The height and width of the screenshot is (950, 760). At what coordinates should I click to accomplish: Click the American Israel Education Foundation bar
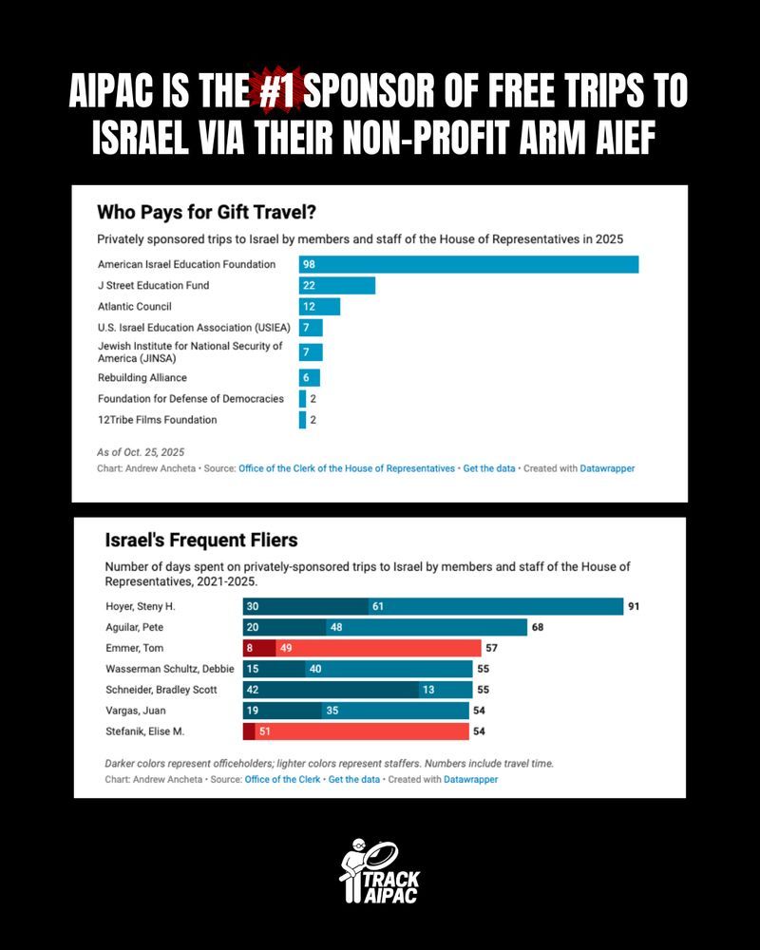pyautogui.click(x=468, y=264)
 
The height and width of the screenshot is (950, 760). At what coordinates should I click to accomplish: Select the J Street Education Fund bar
pyautogui.click(x=337, y=285)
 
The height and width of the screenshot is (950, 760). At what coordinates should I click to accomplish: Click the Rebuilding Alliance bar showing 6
pyautogui.click(x=309, y=377)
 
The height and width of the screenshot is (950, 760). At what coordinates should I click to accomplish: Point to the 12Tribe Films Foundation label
pyautogui.click(x=158, y=420)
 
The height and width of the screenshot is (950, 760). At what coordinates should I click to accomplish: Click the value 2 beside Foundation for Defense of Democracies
pyautogui.click(x=313, y=399)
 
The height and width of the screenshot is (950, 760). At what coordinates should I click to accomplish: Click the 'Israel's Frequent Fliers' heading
pyautogui.click(x=201, y=541)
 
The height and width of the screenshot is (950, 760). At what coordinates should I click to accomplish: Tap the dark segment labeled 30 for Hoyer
pyautogui.click(x=305, y=606)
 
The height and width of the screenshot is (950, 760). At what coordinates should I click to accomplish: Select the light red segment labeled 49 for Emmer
pyautogui.click(x=379, y=648)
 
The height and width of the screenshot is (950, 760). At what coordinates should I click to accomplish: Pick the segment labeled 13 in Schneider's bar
pyautogui.click(x=445, y=690)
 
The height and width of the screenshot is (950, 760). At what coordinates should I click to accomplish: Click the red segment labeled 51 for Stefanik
pyautogui.click(x=362, y=731)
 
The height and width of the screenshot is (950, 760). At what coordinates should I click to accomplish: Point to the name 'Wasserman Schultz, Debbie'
pyautogui.click(x=170, y=669)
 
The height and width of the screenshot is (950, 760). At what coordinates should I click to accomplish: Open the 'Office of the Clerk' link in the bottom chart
pyautogui.click(x=281, y=779)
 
